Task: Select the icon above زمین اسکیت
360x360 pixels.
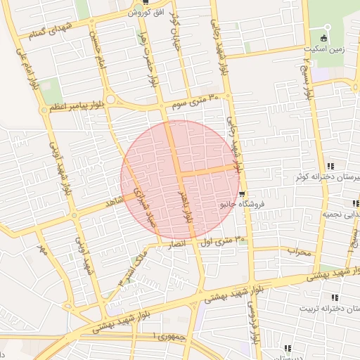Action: (324, 37)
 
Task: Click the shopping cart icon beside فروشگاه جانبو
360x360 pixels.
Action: (243, 193)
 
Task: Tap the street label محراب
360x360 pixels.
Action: (299, 251)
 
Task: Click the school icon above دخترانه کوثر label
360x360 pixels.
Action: (330, 166)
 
